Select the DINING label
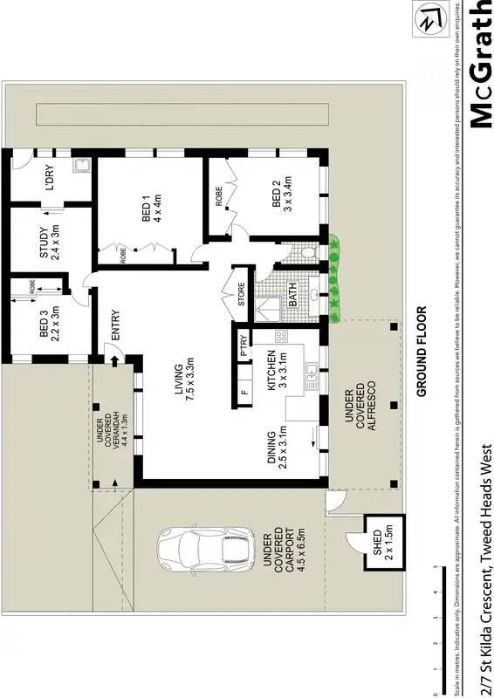point(277,449)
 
